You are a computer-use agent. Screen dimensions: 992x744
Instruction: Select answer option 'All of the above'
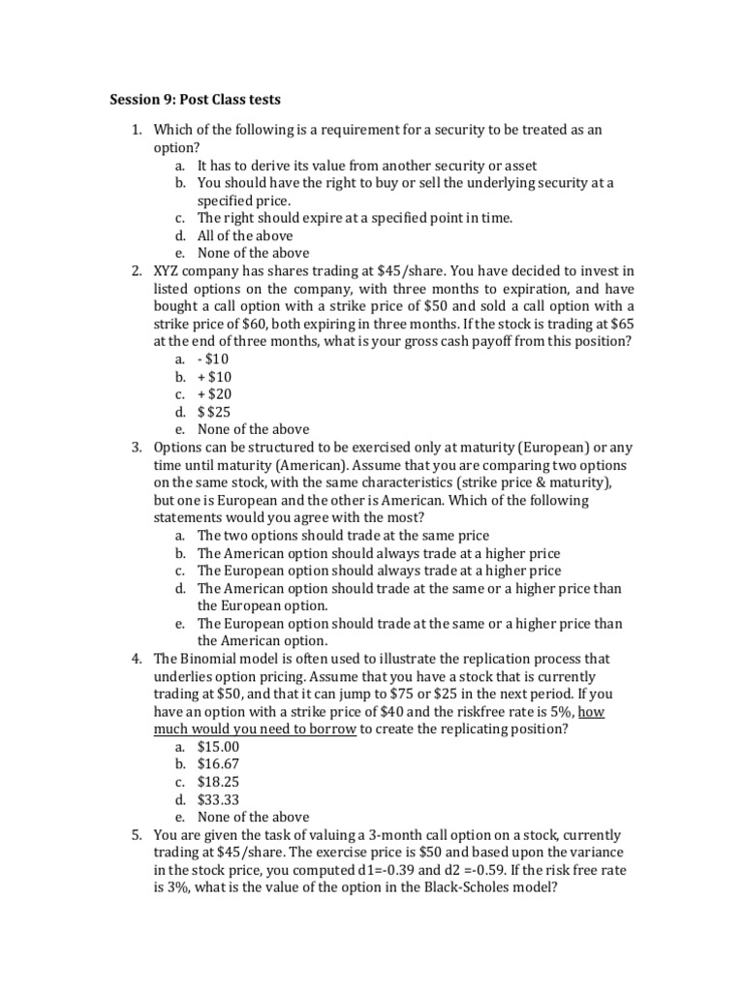(244, 235)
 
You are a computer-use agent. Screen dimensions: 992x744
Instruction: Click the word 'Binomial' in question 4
(210, 659)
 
